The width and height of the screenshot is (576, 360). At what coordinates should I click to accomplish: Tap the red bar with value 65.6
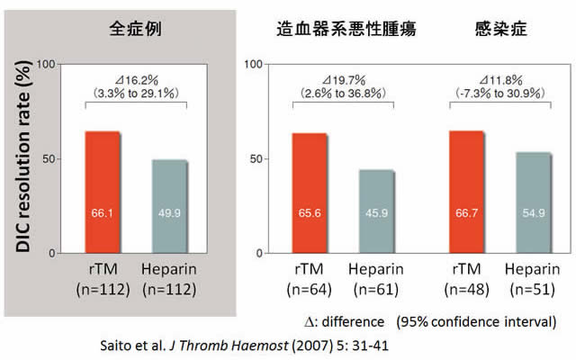pyautogui.click(x=309, y=193)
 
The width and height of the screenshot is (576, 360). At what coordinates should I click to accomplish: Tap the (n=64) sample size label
pyautogui.click(x=309, y=290)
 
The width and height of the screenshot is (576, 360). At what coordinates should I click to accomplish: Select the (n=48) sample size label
pyautogui.click(x=467, y=290)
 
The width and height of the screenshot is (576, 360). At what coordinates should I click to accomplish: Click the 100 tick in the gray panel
pyautogui.click(x=48, y=66)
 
